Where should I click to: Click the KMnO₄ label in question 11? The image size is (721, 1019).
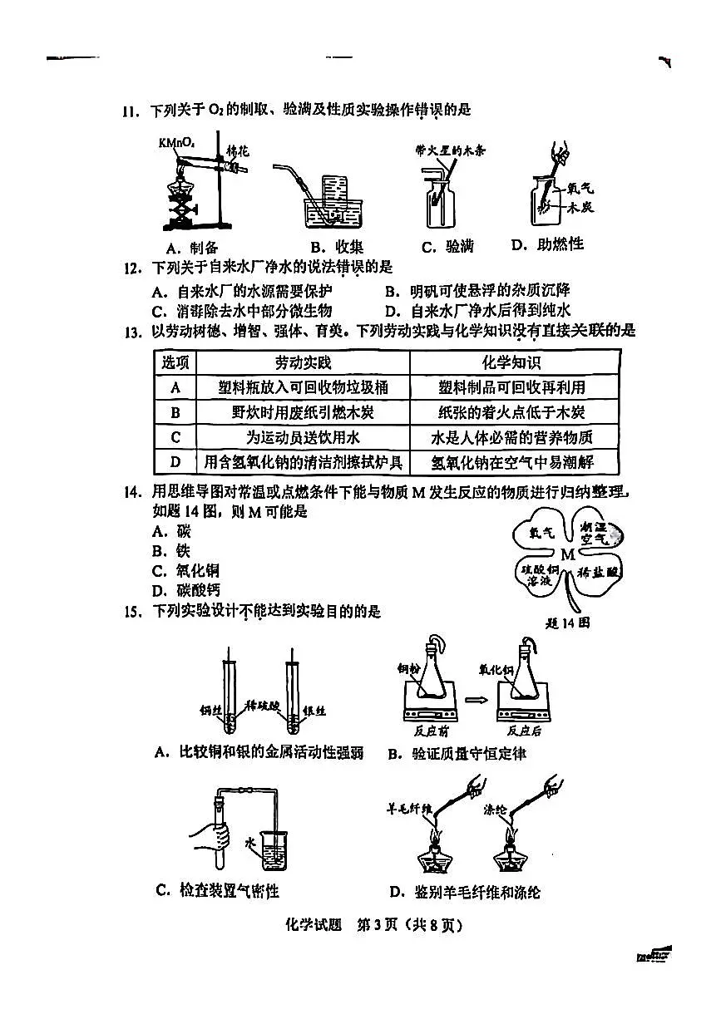[175, 144]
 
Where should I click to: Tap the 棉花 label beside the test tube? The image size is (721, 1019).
[238, 150]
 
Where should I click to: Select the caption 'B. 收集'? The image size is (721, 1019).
[337, 247]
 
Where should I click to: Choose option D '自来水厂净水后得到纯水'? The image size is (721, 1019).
[479, 311]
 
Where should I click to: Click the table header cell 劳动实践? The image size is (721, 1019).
[303, 362]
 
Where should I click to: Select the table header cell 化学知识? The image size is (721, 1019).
[512, 362]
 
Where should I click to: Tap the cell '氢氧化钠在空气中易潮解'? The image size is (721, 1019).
[512, 462]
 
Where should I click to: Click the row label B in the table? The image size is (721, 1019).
[175, 412]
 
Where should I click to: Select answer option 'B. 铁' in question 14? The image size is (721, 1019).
[171, 551]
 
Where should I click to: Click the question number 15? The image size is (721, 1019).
[130, 613]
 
